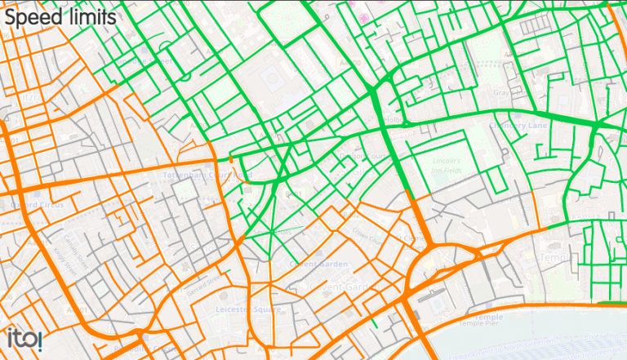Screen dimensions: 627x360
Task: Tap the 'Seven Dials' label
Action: (279, 232)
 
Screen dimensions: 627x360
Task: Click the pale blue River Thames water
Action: (531, 343)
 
